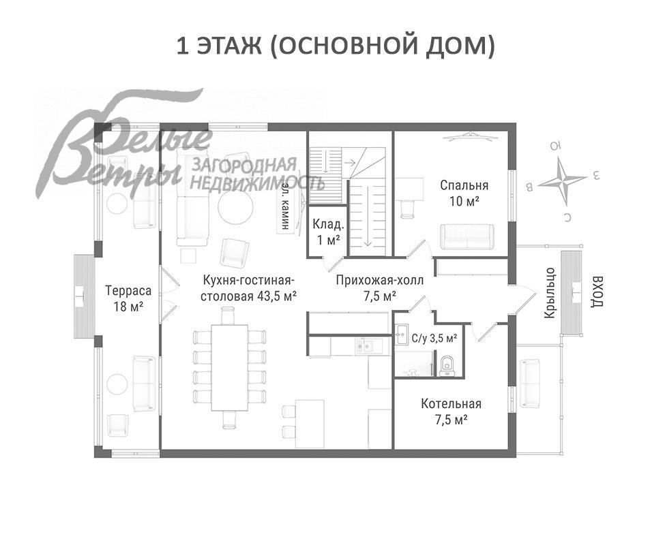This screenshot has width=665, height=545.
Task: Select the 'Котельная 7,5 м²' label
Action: [451, 411]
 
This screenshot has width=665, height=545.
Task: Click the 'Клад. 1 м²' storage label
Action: [328, 232]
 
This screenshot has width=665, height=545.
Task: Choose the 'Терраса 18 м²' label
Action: [128, 298]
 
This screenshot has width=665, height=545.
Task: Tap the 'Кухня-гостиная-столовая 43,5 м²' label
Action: [249, 287]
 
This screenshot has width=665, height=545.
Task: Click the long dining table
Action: [229, 368]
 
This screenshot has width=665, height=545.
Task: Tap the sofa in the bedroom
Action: [467, 236]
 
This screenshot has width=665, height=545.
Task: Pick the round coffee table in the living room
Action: [235, 206]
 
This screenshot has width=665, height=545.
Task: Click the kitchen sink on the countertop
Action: [361, 346]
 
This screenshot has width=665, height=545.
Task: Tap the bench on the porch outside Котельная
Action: [530, 381]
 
